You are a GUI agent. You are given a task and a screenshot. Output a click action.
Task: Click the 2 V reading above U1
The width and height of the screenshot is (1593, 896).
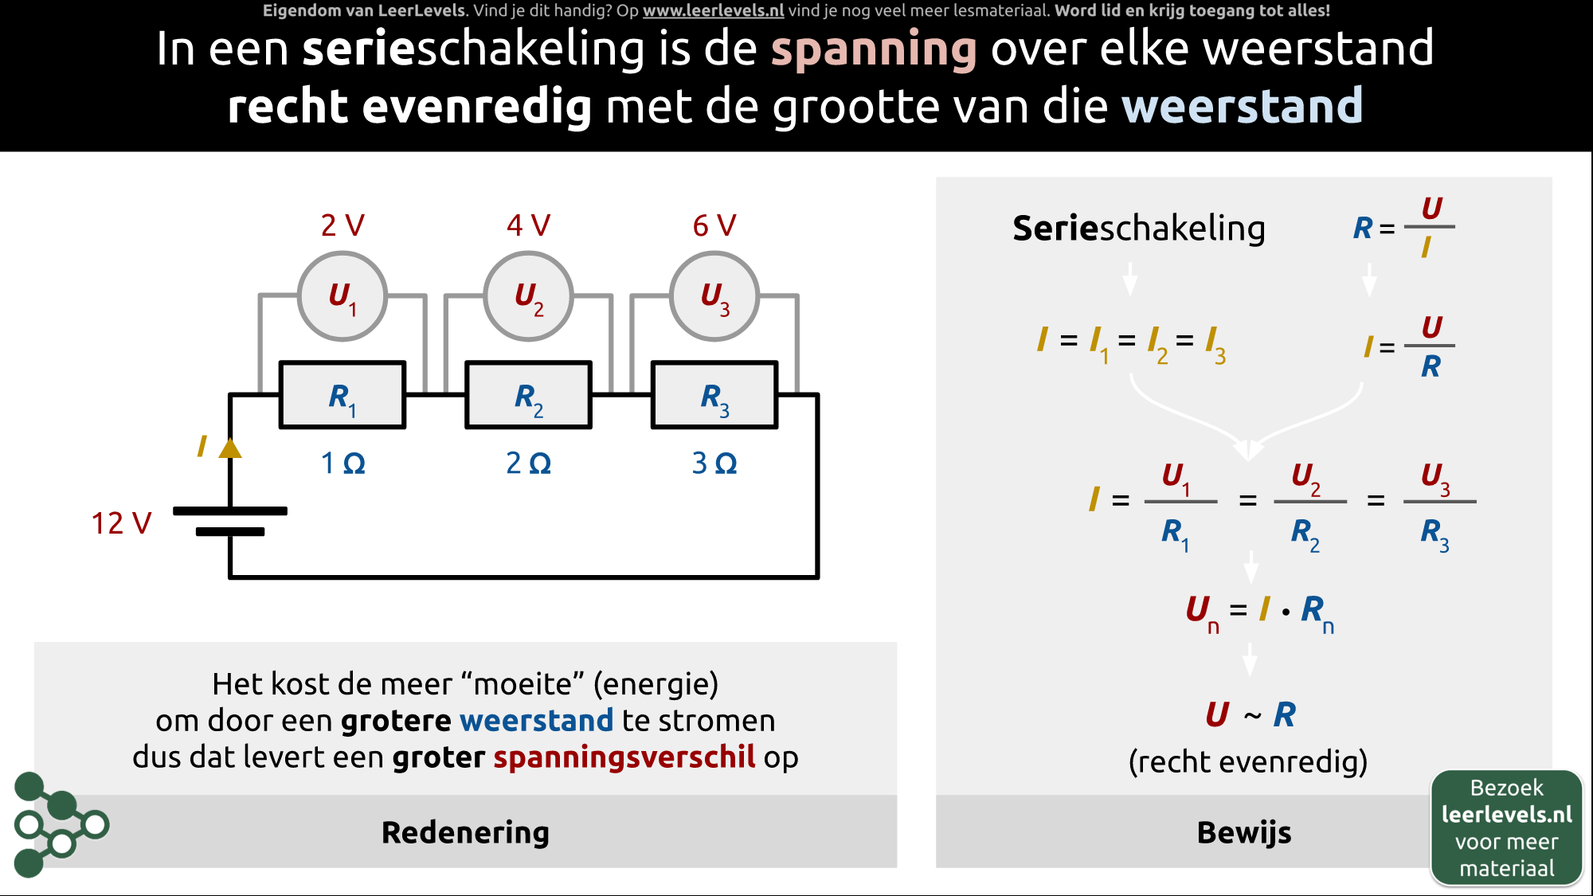342,225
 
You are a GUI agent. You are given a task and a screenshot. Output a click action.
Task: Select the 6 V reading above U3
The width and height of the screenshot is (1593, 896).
714,225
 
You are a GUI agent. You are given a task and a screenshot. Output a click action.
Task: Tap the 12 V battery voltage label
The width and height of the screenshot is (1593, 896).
121,523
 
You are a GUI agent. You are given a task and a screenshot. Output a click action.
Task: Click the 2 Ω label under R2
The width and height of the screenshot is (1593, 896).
529,463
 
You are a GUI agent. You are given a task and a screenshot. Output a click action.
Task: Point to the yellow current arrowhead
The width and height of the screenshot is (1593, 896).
230,448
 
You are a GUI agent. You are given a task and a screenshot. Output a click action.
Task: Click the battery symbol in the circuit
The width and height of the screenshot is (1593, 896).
230,521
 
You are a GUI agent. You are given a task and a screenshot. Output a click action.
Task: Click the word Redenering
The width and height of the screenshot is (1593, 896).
465,832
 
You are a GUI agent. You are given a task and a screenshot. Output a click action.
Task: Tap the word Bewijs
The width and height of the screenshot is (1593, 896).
1244,832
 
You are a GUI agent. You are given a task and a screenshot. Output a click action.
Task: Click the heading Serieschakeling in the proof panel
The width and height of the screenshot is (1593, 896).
1139,229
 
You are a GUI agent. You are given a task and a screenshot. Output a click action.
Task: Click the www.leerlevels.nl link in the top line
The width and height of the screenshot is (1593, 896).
714,11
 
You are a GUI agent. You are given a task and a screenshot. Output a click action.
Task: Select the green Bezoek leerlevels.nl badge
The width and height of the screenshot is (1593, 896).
1506,828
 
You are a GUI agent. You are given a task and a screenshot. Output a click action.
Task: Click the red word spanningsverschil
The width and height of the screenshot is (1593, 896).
624,757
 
